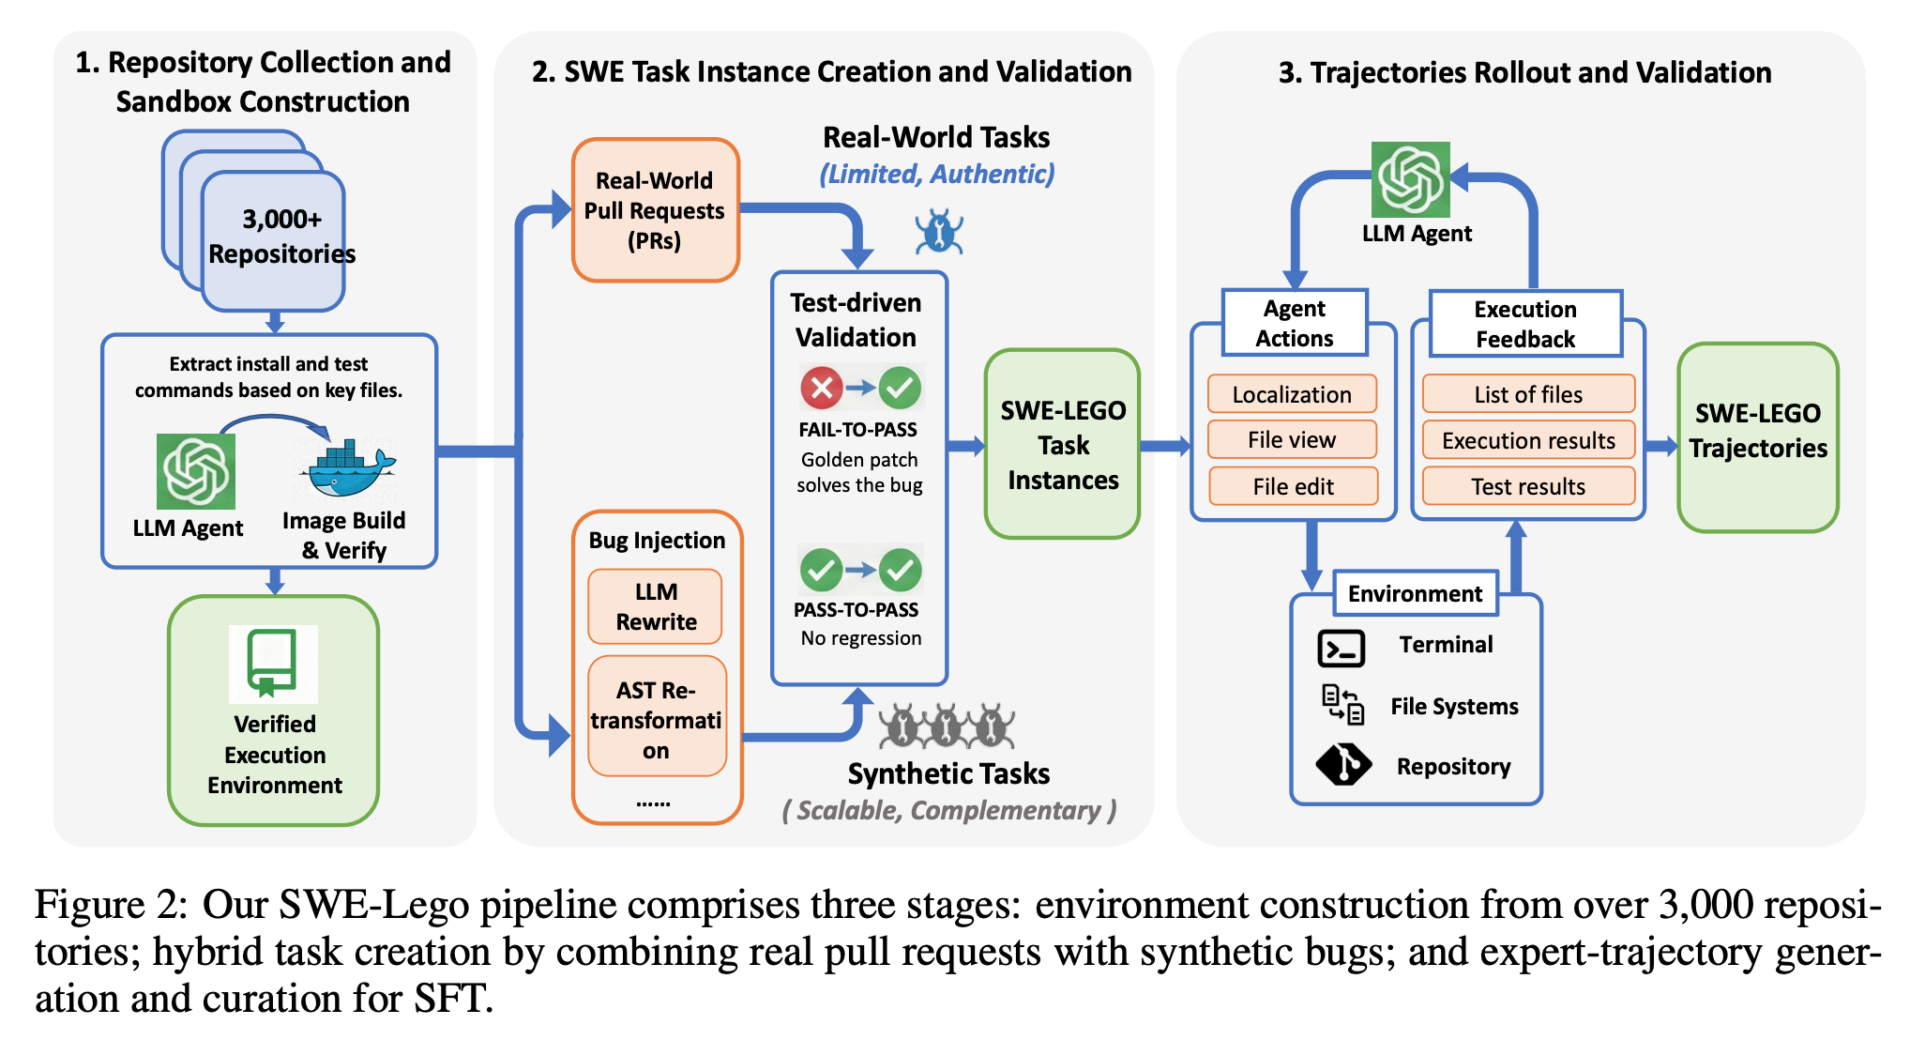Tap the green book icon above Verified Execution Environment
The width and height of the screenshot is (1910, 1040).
point(273,664)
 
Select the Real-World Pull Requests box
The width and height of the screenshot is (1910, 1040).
point(655,210)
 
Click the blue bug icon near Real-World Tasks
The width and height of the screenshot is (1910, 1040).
point(939,232)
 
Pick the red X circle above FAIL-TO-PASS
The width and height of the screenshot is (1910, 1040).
point(821,388)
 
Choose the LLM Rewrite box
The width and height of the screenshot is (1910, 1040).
point(655,606)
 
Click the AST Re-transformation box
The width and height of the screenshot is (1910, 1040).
point(657,719)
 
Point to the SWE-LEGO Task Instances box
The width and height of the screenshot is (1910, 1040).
point(1062,445)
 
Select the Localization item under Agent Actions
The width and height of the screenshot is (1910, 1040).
point(1292,394)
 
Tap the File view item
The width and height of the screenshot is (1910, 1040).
point(1292,440)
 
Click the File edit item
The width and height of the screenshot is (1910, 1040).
point(1293,486)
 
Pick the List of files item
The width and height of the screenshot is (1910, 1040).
point(1528,394)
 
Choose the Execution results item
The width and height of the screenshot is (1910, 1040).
point(1528,440)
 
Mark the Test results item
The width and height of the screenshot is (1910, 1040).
point(1528,486)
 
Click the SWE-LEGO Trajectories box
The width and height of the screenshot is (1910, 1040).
point(1757,437)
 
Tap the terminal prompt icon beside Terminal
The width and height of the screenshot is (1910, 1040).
point(1342,648)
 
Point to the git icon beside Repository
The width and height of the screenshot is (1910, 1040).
point(1343,765)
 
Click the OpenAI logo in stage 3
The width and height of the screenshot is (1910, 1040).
point(1410,179)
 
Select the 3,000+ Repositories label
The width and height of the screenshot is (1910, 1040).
point(281,237)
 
